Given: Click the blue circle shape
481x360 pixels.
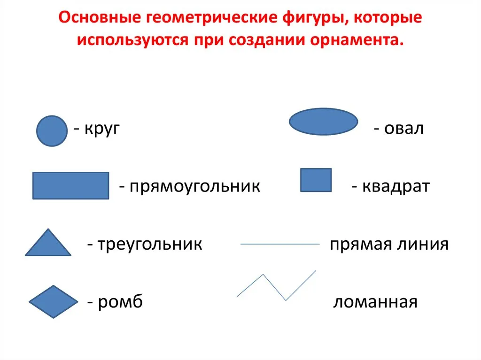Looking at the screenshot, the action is point(52,131).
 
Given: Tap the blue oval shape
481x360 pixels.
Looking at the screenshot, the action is point(323,122).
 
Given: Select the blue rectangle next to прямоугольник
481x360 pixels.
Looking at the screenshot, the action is point(71,185).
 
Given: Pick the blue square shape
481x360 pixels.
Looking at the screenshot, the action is point(316,180).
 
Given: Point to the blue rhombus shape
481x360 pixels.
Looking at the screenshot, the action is point(54,302).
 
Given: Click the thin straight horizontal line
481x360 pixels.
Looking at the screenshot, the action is point(280,244).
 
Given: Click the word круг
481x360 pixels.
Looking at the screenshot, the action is point(102,129).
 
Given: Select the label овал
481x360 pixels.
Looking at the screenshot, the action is point(404,128).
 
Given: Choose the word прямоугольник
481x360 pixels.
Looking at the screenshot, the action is point(195,186).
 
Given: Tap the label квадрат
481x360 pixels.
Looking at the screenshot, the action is point(396,186).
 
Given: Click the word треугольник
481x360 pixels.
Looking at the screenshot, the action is point(150,245).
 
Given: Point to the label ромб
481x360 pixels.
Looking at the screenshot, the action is point(120,302).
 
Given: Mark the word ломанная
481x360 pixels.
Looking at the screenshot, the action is point(375,302).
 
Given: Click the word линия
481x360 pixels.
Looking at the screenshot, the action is point(423,245).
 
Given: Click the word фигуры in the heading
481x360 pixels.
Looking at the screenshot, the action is point(315,18).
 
